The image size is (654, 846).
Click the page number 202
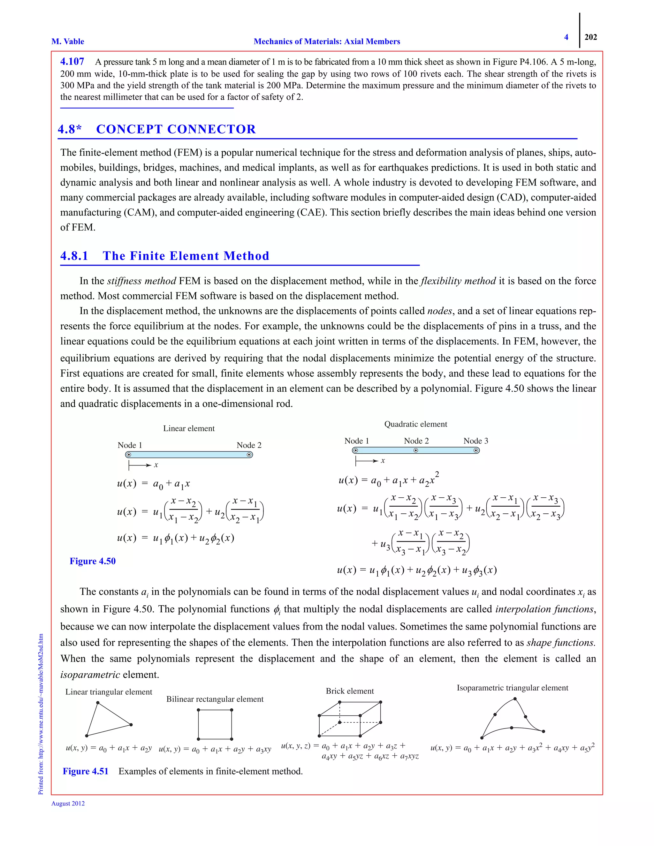(590, 37)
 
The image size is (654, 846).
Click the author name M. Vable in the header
(68, 42)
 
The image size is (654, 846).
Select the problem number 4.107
(72, 62)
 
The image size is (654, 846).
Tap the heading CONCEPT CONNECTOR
(176, 129)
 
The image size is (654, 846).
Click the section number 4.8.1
(74, 256)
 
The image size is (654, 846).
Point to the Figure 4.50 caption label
(93, 561)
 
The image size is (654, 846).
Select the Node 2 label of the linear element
(249, 445)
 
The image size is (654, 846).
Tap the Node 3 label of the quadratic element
(476, 441)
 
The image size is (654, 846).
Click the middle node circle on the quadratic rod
(416, 450)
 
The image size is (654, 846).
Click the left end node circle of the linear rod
(129, 455)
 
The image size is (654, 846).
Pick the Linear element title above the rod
(189, 428)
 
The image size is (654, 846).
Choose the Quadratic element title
(415, 424)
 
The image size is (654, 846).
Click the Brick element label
(349, 691)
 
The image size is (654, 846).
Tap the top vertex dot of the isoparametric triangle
(515, 699)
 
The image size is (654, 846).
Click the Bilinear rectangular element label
(215, 699)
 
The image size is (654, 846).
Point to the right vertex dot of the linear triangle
(131, 724)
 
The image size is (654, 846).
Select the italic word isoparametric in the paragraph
(90, 675)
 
